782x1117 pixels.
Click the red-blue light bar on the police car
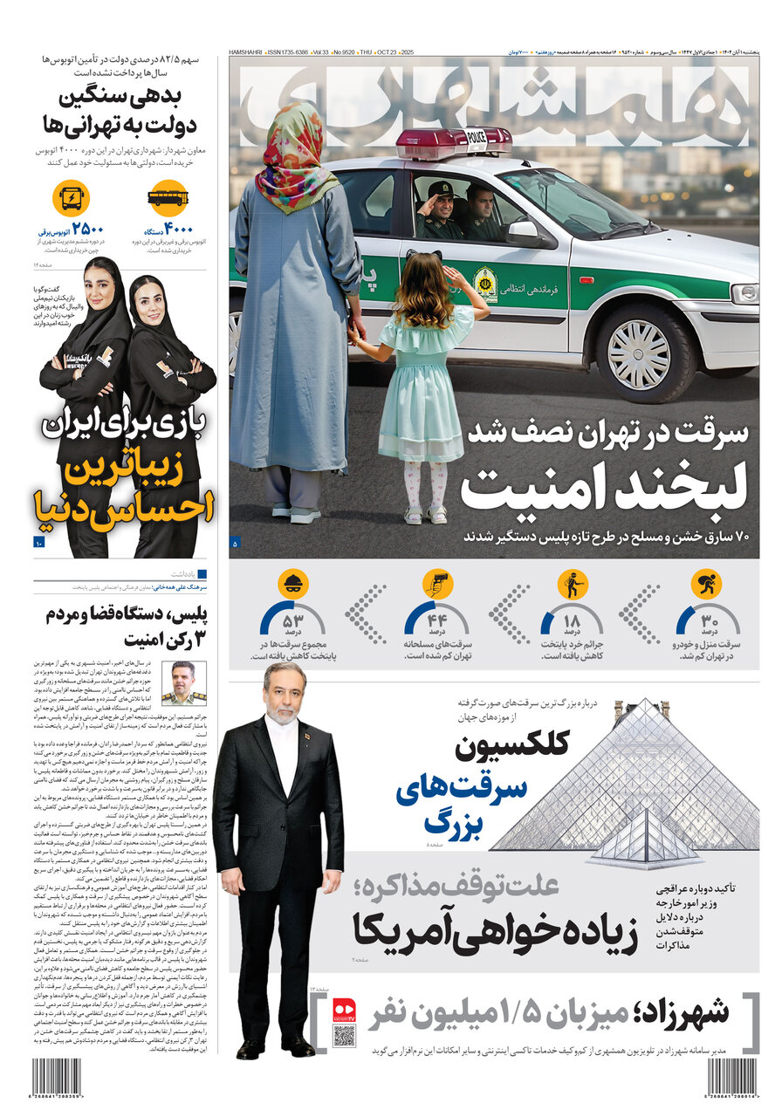coord(454,140)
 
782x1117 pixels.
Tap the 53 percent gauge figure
coord(292,622)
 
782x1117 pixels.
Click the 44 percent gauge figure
coord(436,622)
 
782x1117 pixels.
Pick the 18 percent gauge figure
coord(572,622)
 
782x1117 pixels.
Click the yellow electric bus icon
coord(71,198)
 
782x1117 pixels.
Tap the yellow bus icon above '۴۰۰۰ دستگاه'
coord(168,198)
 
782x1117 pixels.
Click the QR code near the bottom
coord(344,1036)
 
